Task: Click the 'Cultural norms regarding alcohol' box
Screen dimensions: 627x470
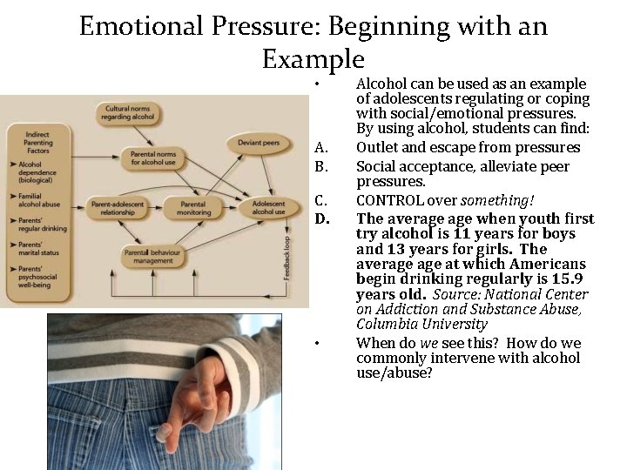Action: pyautogui.click(x=129, y=112)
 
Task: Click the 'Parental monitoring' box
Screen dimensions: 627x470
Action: pyautogui.click(x=194, y=208)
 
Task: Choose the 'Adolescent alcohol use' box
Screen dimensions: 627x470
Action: pyautogui.click(x=268, y=208)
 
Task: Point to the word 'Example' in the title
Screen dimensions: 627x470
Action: pyautogui.click(x=313, y=59)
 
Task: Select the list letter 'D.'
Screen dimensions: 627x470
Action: pyautogui.click(x=321, y=217)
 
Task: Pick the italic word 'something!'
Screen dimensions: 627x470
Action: pyautogui.click(x=501, y=200)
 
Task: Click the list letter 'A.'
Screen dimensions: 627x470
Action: pyautogui.click(x=320, y=147)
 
